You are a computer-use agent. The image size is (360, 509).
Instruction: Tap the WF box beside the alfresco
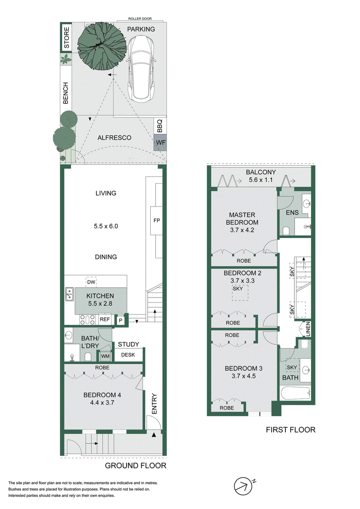(x=160, y=143)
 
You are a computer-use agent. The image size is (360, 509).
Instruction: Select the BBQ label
(x=160, y=126)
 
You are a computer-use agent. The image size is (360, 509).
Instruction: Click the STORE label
(x=67, y=38)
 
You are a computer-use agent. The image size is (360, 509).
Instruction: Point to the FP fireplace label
(x=157, y=221)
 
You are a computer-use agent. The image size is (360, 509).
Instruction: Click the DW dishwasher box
(x=91, y=282)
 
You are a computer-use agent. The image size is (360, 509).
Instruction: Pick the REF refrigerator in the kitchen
(x=104, y=320)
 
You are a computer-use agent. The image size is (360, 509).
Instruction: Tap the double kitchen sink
(x=69, y=294)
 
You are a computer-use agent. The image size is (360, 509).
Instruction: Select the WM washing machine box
(x=105, y=356)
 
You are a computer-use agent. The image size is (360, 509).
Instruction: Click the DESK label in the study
(x=128, y=355)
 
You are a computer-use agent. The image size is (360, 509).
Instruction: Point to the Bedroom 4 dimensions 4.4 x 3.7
(x=102, y=402)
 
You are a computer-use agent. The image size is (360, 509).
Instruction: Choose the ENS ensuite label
(x=292, y=212)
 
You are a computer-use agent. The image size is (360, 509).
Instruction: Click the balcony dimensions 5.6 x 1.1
(x=261, y=180)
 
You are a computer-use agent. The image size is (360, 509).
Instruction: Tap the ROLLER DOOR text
(x=140, y=19)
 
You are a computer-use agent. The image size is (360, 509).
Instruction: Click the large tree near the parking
(x=102, y=45)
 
